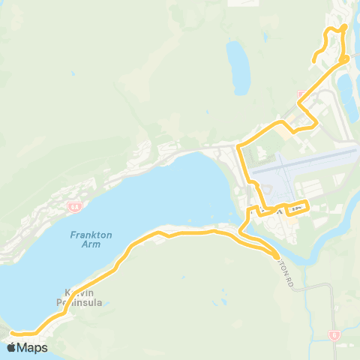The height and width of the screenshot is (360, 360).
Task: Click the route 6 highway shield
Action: click(334, 336)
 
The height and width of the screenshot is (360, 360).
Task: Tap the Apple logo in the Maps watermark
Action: click(13, 347)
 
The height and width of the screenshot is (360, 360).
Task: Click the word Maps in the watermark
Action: click(32, 348)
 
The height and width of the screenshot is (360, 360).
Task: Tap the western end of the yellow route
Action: click(13, 331)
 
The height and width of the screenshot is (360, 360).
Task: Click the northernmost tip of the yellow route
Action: click(344, 26)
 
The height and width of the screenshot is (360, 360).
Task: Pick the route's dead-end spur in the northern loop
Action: click(316, 59)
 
